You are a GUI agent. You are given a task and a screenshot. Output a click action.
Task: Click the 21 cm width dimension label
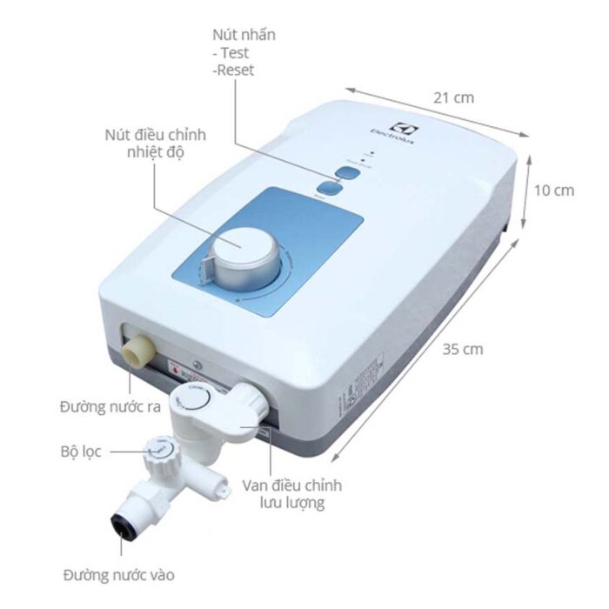coord(453,97)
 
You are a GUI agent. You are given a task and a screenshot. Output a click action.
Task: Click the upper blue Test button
coord(343,171)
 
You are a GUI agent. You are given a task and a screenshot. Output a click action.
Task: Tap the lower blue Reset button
coord(329,189)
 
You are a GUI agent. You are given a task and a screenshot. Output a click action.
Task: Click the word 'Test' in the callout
coord(234,53)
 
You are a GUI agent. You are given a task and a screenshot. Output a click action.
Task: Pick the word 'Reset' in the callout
coord(234,70)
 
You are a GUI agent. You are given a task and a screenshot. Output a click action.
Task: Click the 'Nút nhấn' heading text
coord(244,36)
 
